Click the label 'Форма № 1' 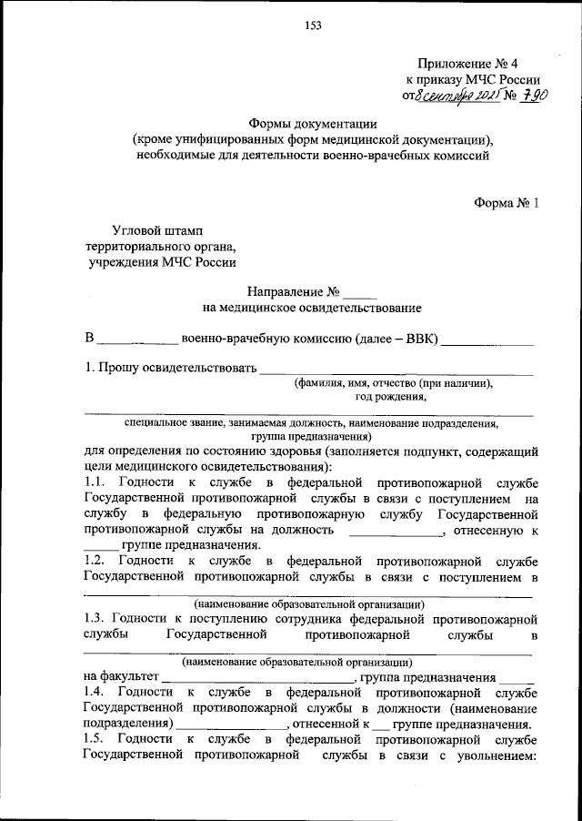coord(506,204)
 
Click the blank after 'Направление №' coord(359,294)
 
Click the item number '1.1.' coord(95,482)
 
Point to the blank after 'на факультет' coord(258,678)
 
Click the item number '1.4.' coord(95,694)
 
